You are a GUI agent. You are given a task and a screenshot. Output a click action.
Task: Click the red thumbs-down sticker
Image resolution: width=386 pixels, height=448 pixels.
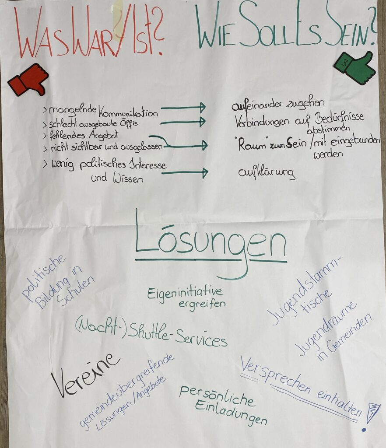click(28, 80)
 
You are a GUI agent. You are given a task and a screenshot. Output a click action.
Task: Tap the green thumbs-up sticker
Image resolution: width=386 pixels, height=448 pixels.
click(355, 68)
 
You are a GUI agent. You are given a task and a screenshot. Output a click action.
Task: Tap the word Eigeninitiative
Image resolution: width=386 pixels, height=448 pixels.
click(184, 293)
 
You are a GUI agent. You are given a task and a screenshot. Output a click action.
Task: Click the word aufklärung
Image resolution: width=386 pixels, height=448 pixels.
click(266, 172)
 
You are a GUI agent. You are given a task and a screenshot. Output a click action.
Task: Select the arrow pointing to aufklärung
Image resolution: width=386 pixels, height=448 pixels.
click(185, 173)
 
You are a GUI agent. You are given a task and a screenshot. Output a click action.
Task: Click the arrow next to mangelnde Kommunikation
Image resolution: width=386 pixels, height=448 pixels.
click(183, 108)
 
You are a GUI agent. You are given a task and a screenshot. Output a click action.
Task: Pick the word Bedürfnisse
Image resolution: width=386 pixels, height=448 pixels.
click(339, 118)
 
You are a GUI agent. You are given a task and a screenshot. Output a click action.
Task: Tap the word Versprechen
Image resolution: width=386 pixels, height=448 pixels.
click(275, 374)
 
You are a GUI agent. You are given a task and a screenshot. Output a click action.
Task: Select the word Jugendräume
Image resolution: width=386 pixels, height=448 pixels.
click(326, 329)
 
